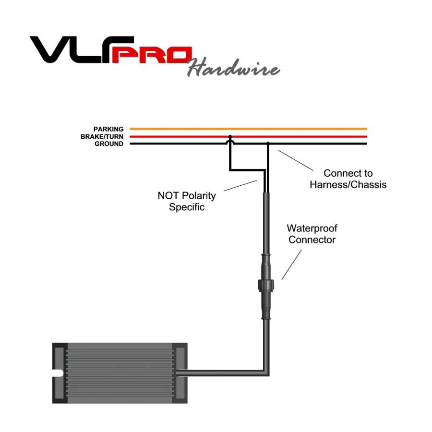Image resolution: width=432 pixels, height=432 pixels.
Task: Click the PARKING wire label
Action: [108, 129]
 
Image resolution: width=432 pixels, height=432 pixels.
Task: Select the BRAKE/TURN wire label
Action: [102, 137]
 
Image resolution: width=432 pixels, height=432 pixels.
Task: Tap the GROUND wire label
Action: [108, 144]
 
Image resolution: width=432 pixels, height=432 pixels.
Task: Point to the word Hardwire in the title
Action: [233, 69]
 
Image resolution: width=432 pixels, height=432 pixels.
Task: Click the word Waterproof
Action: [312, 228]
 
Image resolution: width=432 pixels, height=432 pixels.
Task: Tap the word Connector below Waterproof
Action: [312, 240]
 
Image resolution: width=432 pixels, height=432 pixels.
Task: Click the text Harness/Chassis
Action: [348, 184]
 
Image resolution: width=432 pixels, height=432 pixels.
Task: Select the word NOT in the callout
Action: [168, 196]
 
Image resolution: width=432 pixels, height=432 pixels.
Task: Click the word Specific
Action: [187, 207]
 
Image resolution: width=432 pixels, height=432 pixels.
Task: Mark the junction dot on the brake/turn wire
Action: [230, 137]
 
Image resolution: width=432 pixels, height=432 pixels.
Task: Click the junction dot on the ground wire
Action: [268, 144]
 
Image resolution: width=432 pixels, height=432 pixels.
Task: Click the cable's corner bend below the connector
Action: [265, 372]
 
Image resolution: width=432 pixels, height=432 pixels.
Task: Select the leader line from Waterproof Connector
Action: [292, 264]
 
